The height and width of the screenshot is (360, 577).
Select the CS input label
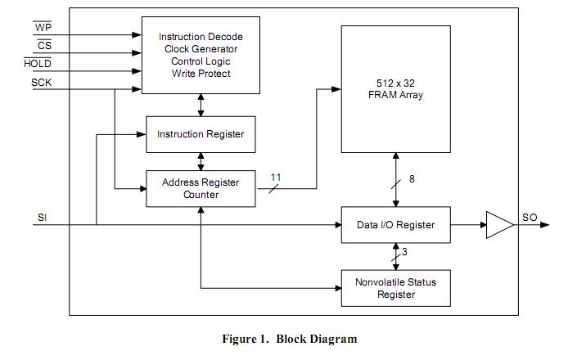click(x=44, y=47)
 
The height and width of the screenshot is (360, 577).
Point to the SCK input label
click(x=42, y=83)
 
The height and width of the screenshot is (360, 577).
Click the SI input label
click(x=42, y=218)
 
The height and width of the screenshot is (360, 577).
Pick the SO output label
click(x=530, y=218)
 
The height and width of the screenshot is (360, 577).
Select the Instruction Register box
click(x=200, y=133)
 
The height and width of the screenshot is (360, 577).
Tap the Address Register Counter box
click(x=200, y=188)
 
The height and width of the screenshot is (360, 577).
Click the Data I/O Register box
click(x=395, y=225)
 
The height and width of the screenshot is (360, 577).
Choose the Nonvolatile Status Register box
click(x=395, y=288)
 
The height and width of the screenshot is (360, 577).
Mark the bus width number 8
click(x=412, y=179)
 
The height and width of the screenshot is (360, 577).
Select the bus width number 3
click(x=404, y=252)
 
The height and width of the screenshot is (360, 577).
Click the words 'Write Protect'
click(x=201, y=74)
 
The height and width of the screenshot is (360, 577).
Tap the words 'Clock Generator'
click(x=201, y=49)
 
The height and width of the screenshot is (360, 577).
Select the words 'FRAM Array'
click(x=395, y=96)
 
